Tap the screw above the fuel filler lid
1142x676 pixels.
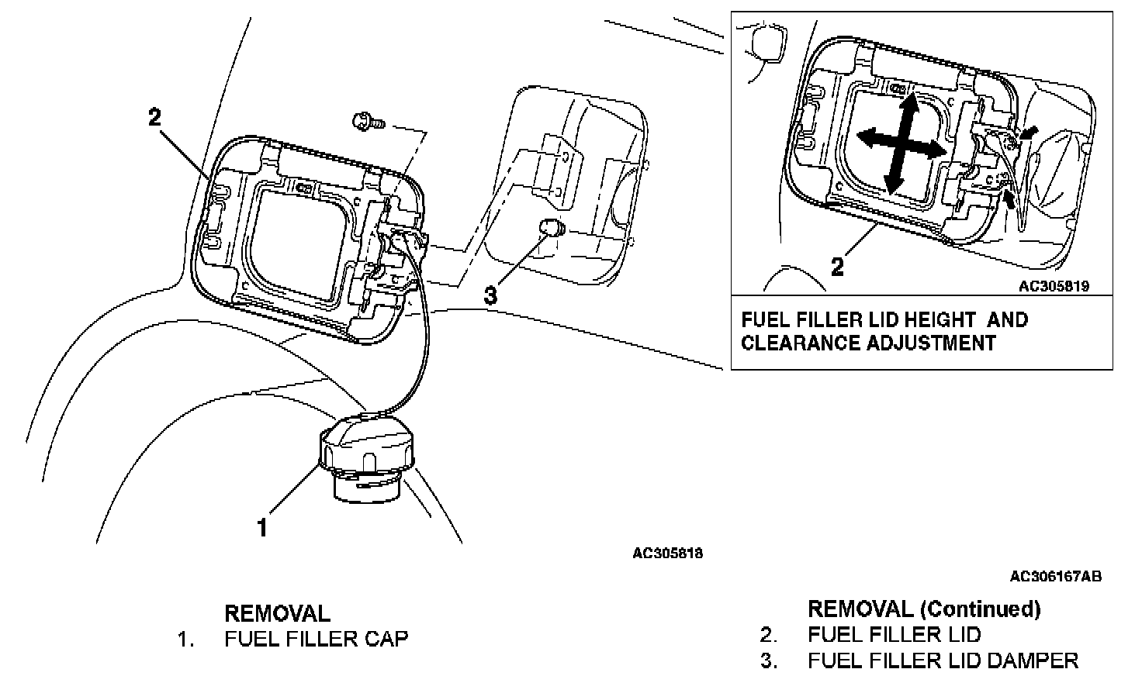point(369,122)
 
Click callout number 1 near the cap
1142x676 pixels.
point(262,528)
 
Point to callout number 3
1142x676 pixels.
point(490,295)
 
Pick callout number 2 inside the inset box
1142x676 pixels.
point(837,267)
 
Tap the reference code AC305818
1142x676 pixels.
point(667,554)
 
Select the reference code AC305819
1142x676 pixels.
point(1054,286)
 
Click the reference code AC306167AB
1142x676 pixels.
point(1056,576)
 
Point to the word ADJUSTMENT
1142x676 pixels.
point(931,343)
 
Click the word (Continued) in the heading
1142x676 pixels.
point(981,610)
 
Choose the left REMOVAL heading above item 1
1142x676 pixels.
point(277,613)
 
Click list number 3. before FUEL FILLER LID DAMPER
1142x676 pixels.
point(769,660)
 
